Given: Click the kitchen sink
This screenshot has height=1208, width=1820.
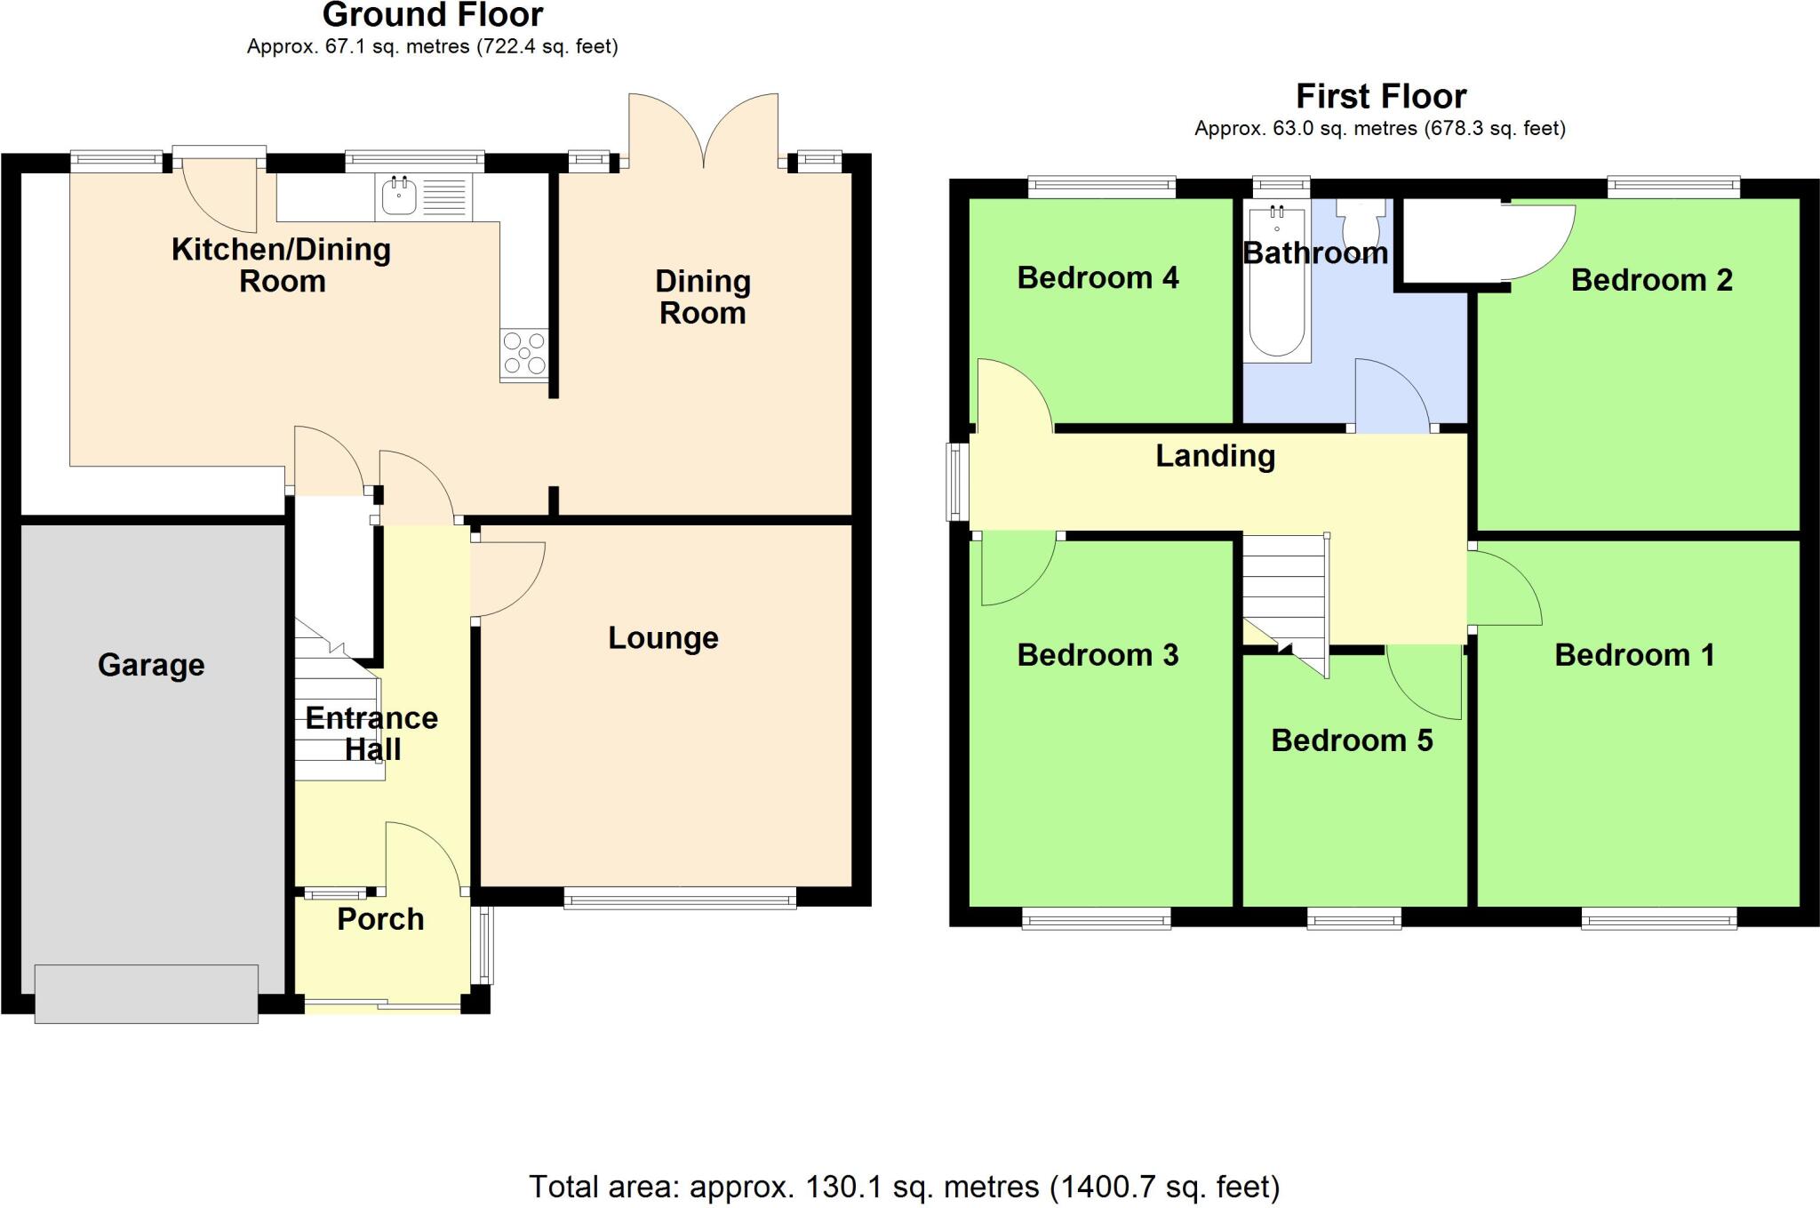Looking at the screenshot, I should pos(400,196).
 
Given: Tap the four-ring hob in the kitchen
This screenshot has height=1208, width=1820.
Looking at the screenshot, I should pos(524,353).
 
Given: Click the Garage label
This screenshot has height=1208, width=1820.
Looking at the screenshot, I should pos(151,665).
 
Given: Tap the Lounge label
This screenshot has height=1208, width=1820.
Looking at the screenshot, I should pos(663,637).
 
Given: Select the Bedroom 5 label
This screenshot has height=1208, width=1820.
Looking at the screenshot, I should pos(1352,740).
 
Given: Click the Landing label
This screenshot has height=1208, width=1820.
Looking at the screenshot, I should pos(1215,456).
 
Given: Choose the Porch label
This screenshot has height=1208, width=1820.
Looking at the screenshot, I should pos(380,919).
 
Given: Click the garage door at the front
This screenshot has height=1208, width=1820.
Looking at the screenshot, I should pos(147,993).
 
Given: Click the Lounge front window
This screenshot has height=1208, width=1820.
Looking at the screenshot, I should pos(680,901).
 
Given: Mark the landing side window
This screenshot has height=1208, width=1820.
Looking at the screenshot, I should pos(956,481).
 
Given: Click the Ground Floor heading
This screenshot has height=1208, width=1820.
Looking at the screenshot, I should pos(433,15).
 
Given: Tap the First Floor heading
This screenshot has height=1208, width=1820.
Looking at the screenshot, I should pos(1380,96).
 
